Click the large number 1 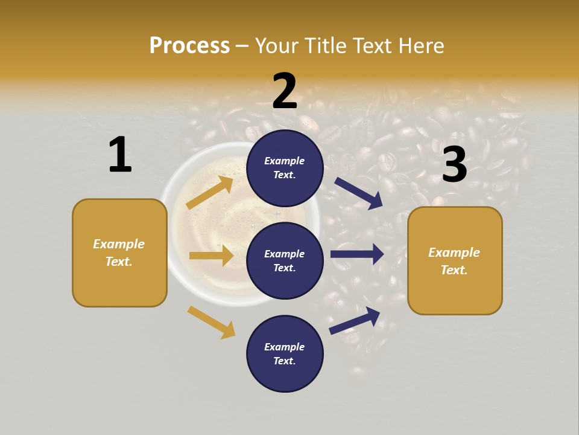pyautogui.click(x=120, y=155)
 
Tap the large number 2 pyautogui.click(x=285, y=91)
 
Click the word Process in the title pyautogui.click(x=189, y=45)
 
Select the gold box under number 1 pyautogui.click(x=119, y=253)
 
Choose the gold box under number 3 pyautogui.click(x=455, y=260)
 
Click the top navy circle pyautogui.click(x=285, y=168)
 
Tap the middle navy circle pyautogui.click(x=285, y=260)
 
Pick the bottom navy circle pyautogui.click(x=285, y=353)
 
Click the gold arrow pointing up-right pyautogui.click(x=210, y=192)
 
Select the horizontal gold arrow pyautogui.click(x=211, y=256)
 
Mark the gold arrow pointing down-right pyautogui.click(x=211, y=322)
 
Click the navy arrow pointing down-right pyautogui.click(x=359, y=193)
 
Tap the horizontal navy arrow pyautogui.click(x=357, y=254)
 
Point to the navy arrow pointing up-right pyautogui.click(x=355, y=320)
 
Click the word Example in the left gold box pyautogui.click(x=119, y=244)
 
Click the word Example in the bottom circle pyautogui.click(x=285, y=347)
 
